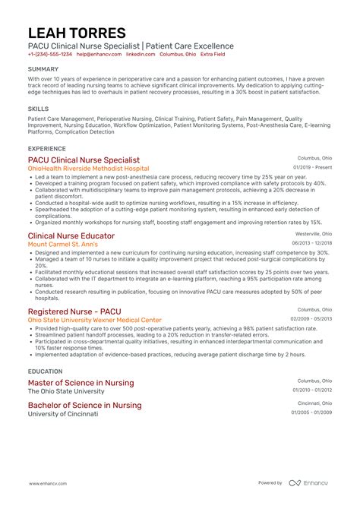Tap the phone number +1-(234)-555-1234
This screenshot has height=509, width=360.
click(50, 55)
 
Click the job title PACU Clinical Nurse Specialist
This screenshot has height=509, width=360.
click(84, 160)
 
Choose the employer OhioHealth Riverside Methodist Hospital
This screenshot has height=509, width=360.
click(89, 169)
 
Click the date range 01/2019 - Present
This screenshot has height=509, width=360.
click(311, 167)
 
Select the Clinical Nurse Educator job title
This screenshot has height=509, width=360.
click(71, 236)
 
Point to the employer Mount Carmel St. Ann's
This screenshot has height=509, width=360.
click(64, 245)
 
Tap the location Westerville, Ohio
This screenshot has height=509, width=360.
click(313, 235)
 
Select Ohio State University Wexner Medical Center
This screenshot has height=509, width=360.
click(95, 320)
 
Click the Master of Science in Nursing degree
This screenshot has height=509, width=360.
click(81, 383)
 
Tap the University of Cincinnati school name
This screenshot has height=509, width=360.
click(63, 414)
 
